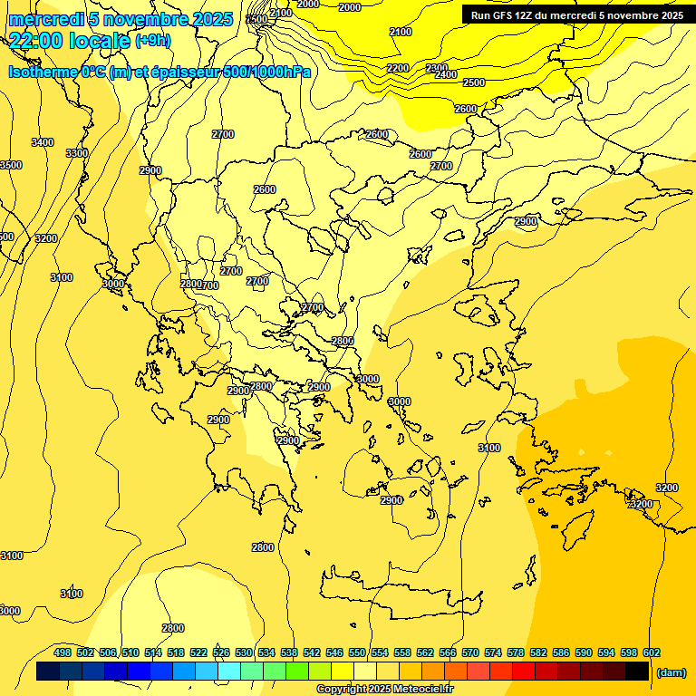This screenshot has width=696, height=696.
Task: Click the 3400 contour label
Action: [x=42, y=142]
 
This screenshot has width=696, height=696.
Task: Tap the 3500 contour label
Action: [x=10, y=165]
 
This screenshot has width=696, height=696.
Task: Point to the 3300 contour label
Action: [x=77, y=153]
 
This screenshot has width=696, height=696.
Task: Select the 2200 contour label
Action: [x=397, y=68]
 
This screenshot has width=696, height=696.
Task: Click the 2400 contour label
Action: [x=446, y=74]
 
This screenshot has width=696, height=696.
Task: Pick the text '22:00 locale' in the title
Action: [x=69, y=40]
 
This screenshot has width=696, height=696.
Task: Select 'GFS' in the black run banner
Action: [x=501, y=15]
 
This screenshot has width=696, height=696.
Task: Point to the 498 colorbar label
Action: [x=63, y=652]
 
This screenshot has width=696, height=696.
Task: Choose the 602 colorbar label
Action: [x=652, y=652]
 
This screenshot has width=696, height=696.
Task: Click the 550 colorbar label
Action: [x=357, y=652]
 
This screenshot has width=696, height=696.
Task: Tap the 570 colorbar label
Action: [x=470, y=652]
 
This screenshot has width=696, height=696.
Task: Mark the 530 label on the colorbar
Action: [x=244, y=652]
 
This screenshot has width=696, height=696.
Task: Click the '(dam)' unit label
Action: [x=670, y=672]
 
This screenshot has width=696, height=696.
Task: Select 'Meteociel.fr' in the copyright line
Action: [x=423, y=690]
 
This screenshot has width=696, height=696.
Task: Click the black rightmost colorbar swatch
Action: [x=637, y=672]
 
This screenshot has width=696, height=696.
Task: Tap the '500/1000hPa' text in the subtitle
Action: [x=267, y=72]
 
